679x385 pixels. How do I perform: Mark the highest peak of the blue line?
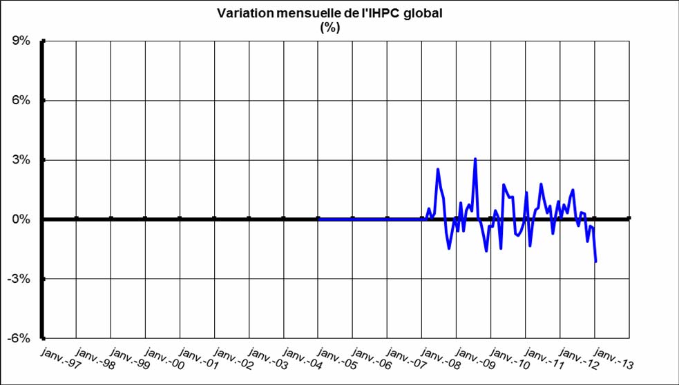coord(475,159)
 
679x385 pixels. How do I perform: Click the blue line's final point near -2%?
coord(595,261)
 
